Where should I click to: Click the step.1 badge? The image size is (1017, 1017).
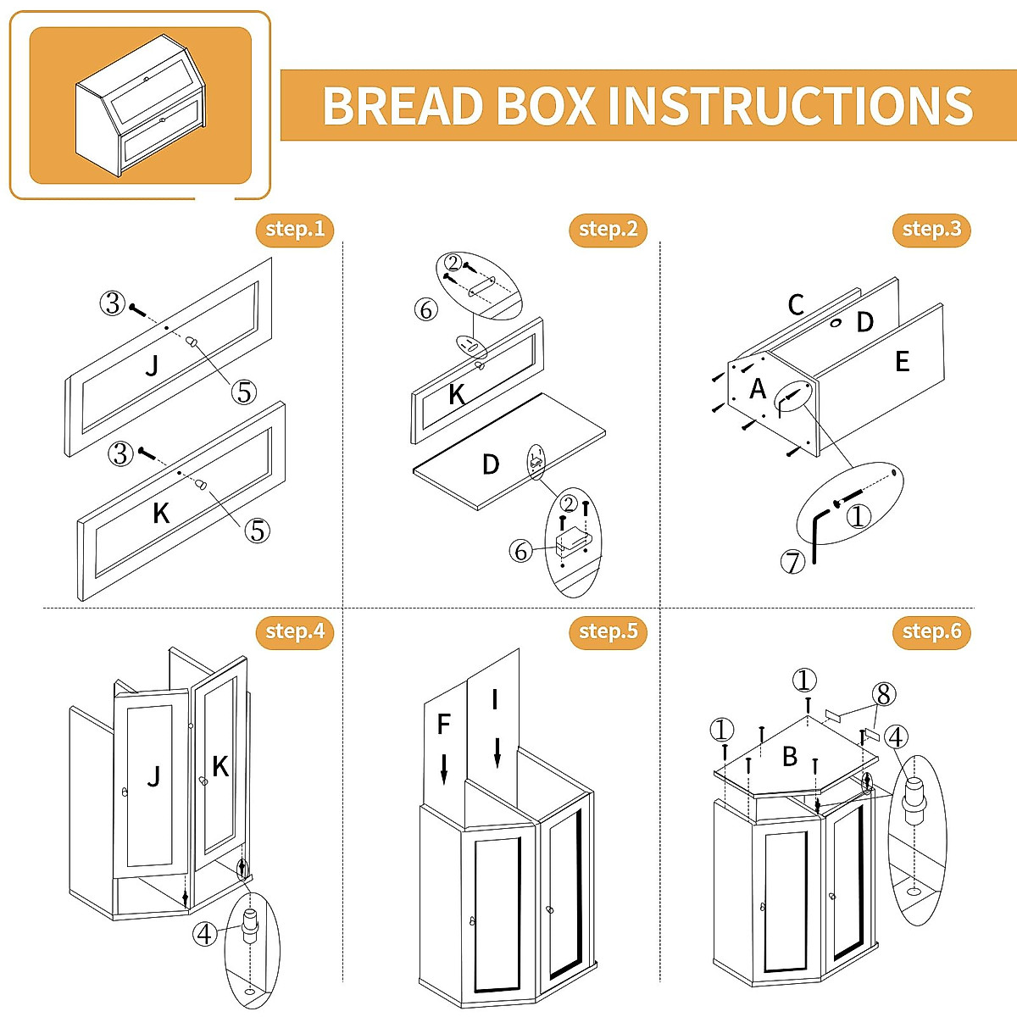pyautogui.click(x=294, y=229)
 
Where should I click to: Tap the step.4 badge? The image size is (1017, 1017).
pyautogui.click(x=294, y=631)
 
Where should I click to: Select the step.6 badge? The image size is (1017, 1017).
pyautogui.click(x=931, y=631)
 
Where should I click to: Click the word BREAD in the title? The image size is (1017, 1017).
pyautogui.click(x=402, y=106)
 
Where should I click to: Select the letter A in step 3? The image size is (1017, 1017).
pyautogui.click(x=758, y=389)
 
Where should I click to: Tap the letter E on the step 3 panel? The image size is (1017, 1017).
pyautogui.click(x=902, y=362)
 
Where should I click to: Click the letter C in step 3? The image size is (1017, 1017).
pyautogui.click(x=795, y=305)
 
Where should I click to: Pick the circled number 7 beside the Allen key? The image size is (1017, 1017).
pyautogui.click(x=792, y=561)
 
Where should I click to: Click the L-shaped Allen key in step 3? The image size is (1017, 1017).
pyautogui.click(x=817, y=534)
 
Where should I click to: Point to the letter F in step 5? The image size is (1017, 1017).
pyautogui.click(x=443, y=725)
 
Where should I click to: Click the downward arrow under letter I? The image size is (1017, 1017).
pyautogui.click(x=497, y=753)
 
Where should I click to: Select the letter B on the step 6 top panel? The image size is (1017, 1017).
pyautogui.click(x=790, y=756)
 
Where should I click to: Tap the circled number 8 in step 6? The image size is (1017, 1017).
pyautogui.click(x=884, y=695)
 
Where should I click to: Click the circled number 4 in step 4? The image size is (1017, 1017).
pyautogui.click(x=204, y=934)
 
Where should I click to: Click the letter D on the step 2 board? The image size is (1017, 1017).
pyautogui.click(x=491, y=464)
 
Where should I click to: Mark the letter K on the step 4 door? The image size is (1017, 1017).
pyautogui.click(x=220, y=767)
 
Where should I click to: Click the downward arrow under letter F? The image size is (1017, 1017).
pyautogui.click(x=444, y=768)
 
